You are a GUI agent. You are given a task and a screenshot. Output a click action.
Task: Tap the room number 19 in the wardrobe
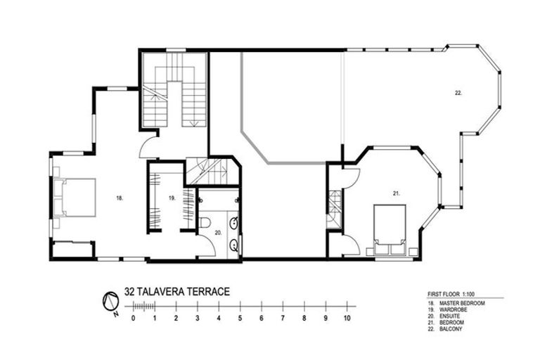(171, 199)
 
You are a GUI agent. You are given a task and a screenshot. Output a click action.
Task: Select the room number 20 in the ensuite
(217, 231)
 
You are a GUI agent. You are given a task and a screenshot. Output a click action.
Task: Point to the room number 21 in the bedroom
(396, 192)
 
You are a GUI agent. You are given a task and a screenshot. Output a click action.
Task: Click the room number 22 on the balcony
(458, 92)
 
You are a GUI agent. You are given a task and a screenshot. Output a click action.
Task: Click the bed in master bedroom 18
(75, 198)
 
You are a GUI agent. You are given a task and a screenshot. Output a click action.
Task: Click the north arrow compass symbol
(110, 302)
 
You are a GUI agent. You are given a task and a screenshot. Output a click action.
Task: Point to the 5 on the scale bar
(240, 318)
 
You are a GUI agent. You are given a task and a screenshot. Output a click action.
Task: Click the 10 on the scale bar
(347, 318)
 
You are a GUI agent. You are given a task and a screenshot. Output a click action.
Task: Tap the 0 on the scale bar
(133, 318)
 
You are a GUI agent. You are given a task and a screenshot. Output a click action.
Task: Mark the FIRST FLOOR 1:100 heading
(453, 294)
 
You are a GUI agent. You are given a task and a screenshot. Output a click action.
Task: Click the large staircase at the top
(174, 90)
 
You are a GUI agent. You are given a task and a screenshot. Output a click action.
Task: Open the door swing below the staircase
(149, 146)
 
